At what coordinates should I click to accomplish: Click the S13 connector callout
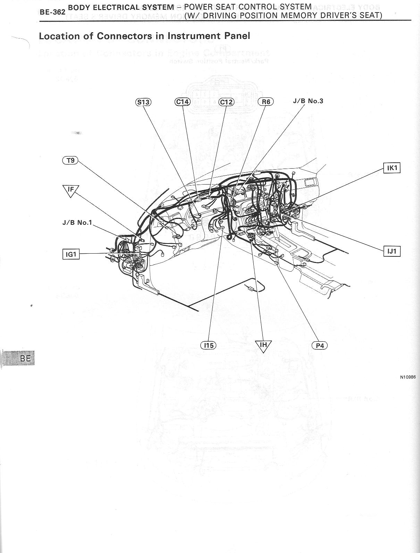tap(143, 102)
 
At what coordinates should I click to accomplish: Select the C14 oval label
tap(182, 102)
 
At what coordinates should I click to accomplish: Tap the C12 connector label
tap(226, 102)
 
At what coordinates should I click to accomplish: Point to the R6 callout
tap(266, 102)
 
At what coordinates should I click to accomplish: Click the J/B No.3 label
tap(308, 101)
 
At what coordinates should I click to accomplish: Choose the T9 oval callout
tap(70, 160)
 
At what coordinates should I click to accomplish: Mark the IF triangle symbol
tap(71, 190)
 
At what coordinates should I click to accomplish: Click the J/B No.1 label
tap(77, 222)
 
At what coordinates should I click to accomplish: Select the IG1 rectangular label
tap(71, 254)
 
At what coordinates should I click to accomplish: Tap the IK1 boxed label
tap(392, 168)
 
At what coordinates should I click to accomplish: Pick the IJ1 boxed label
tap(392, 251)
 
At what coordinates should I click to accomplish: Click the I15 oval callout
tap(208, 345)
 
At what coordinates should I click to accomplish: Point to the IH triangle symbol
tap(263, 345)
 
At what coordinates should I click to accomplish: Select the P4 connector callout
tap(320, 346)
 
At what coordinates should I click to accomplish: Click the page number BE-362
tap(52, 12)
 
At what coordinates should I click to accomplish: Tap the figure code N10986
tap(408, 377)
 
